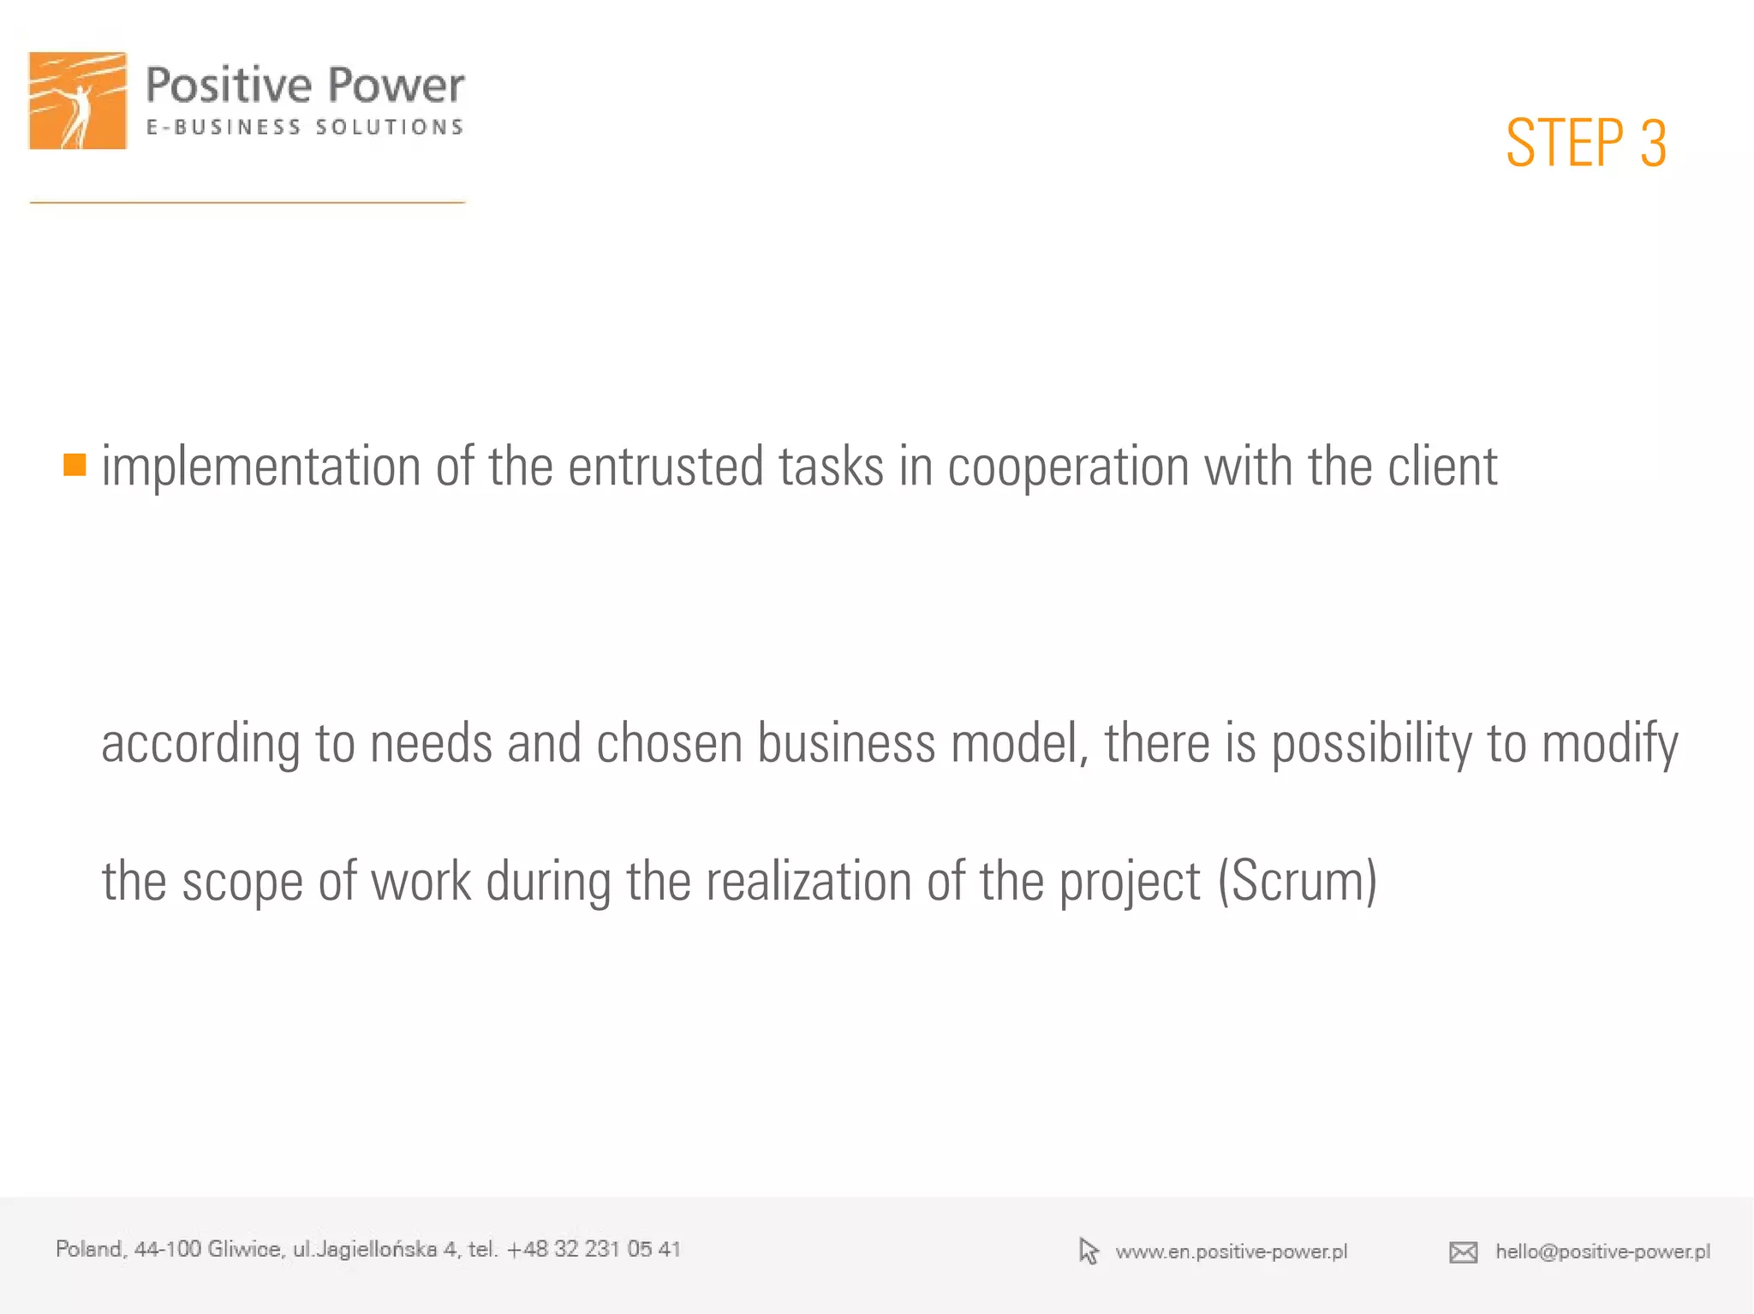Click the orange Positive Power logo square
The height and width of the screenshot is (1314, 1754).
[x=78, y=101]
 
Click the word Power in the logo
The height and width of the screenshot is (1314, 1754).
[x=396, y=86]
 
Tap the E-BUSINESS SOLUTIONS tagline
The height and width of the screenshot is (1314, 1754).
[x=304, y=128]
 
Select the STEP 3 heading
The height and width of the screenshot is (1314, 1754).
[x=1585, y=143]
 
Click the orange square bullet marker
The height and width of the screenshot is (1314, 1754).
[x=75, y=465]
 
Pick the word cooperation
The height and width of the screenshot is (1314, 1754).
[x=1068, y=468]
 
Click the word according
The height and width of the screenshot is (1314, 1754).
[x=200, y=744]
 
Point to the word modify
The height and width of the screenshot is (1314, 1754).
[x=1610, y=744]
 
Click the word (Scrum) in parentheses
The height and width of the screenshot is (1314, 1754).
[x=1297, y=881]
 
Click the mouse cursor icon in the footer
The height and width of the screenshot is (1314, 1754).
[x=1089, y=1252]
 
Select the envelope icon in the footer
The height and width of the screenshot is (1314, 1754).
[x=1463, y=1252]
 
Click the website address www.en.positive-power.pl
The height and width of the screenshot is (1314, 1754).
[x=1231, y=1252]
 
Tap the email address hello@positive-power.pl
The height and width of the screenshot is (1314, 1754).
[x=1602, y=1252]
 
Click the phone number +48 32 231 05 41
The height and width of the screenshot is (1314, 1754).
[x=594, y=1249]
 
